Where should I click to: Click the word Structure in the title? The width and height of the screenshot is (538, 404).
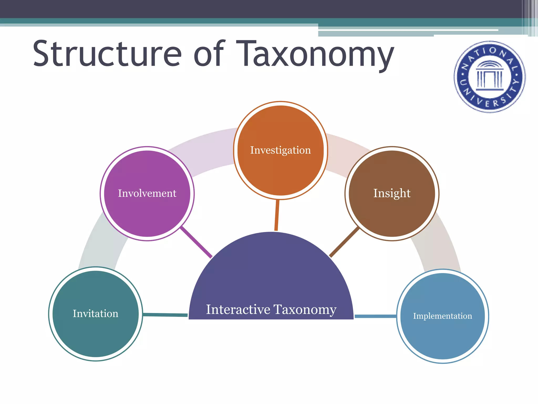tap(107, 54)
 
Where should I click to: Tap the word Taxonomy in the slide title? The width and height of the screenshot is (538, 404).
tap(315, 54)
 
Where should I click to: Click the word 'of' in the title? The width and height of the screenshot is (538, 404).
tap(209, 54)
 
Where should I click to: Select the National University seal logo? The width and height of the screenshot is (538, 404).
tap(490, 77)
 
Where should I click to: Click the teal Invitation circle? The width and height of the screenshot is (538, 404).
tap(96, 314)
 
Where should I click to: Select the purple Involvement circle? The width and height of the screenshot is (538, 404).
tap(147, 194)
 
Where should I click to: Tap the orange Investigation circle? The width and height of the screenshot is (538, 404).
tap(281, 150)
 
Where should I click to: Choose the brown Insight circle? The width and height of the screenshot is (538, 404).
tap(392, 194)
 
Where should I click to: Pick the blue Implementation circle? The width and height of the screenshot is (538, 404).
tap(443, 316)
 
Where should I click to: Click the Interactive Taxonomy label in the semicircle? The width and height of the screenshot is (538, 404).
tap(271, 309)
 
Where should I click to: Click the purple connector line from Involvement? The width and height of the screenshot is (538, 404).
tap(196, 242)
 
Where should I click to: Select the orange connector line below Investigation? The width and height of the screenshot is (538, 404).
tap(277, 215)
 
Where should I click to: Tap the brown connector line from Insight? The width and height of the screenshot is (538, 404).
tap(344, 242)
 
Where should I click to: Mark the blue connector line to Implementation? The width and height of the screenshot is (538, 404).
tap(375, 316)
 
